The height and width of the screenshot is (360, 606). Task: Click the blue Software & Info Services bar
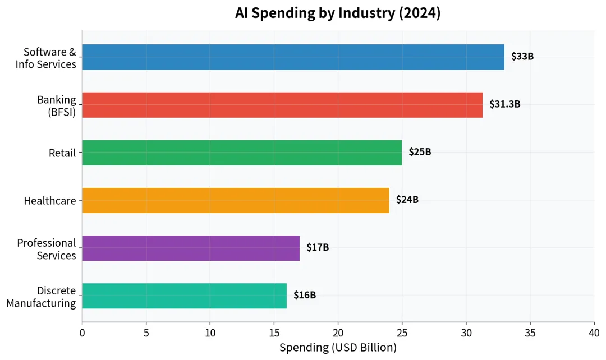click(293, 57)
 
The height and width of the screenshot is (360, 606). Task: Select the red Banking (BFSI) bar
click(282, 105)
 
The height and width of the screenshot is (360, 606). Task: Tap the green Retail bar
click(242, 153)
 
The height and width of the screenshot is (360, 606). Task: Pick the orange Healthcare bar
click(236, 200)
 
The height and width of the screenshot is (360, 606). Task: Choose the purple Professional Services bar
click(191, 248)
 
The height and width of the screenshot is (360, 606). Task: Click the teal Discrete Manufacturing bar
click(185, 296)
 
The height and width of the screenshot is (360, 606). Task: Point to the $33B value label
click(522, 57)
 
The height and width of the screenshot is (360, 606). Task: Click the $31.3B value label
click(504, 104)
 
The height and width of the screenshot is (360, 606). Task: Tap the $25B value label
click(420, 152)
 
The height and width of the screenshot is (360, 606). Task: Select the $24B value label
click(407, 200)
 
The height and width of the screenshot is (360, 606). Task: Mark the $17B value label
click(318, 247)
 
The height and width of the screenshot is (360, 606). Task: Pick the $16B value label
click(305, 295)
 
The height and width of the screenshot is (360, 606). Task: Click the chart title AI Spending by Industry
click(338, 13)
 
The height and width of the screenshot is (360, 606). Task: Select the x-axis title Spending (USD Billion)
click(338, 348)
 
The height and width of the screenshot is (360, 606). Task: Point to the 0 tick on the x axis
click(82, 333)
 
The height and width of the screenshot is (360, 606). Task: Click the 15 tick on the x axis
click(274, 333)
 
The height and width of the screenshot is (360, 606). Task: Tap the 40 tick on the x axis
click(594, 333)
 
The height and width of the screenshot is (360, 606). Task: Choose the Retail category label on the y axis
click(62, 153)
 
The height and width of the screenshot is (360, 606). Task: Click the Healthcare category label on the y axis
click(49, 200)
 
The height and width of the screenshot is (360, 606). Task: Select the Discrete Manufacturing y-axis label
click(42, 297)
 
